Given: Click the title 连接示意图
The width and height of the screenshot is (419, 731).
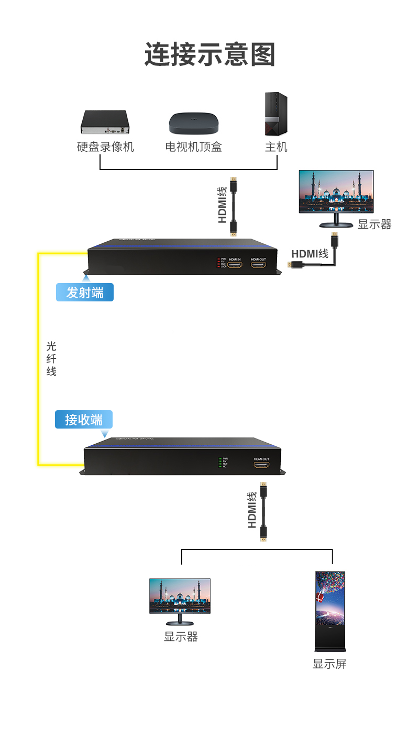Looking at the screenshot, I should click(x=210, y=54).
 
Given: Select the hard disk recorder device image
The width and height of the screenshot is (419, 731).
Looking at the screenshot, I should click(x=105, y=122).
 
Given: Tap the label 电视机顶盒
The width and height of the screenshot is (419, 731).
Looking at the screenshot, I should click(x=193, y=147).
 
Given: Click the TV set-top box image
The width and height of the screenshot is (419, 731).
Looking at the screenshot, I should click(x=193, y=123).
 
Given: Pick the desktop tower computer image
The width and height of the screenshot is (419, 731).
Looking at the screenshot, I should click(x=275, y=114).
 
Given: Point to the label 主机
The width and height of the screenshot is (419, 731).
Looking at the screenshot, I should click(x=276, y=147).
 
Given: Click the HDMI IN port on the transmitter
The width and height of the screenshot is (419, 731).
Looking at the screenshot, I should click(x=235, y=265).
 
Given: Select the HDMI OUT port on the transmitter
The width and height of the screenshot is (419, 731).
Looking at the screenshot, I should click(x=258, y=265).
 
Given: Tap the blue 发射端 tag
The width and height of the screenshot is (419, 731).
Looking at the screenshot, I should click(x=85, y=293).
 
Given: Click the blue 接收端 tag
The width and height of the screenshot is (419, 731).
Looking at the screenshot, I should click(x=84, y=420).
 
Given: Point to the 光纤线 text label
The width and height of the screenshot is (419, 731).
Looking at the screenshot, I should click(x=51, y=359).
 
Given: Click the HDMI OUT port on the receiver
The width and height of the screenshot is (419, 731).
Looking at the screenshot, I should click(x=261, y=465).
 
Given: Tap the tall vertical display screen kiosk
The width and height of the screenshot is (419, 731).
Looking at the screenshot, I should click(x=330, y=611).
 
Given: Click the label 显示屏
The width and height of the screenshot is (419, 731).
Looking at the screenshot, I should click(x=329, y=664).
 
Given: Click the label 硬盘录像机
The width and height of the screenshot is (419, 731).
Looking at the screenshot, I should click(x=105, y=147).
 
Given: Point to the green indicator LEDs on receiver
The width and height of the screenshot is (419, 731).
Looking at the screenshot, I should click(x=220, y=462).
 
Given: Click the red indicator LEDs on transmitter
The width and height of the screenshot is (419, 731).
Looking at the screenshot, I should click(x=218, y=263).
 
